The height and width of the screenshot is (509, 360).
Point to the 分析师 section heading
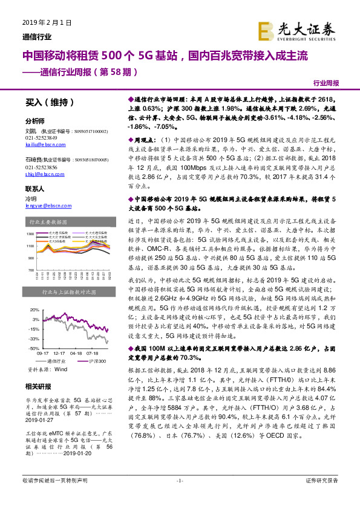pyautogui.click(x=35, y=121)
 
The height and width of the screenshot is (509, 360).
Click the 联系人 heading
pyautogui.click(x=35, y=188)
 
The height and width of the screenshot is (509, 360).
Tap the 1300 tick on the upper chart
pyautogui.click(x=30, y=233)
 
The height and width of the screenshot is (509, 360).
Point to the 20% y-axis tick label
pyautogui.click(x=35, y=310)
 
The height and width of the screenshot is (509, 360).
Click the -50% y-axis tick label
pyautogui.click(x=34, y=348)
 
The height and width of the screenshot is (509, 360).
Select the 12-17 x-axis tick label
pyautogui.click(x=59, y=353)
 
